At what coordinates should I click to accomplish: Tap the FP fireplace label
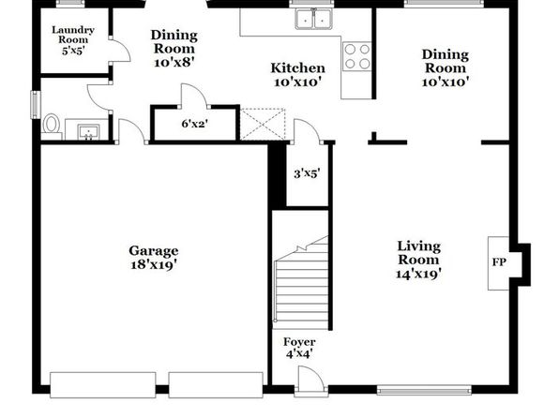coord(499,262)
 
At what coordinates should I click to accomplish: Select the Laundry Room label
coord(73,35)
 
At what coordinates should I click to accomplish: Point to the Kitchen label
coord(297,67)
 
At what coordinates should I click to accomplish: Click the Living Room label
coord(418,253)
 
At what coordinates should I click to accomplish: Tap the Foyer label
coord(299,342)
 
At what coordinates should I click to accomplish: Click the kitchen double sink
coord(313,19)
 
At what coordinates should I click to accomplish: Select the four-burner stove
coord(356,56)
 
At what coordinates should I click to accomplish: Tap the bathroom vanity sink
coord(88,132)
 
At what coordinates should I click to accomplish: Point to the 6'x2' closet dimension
coord(195,124)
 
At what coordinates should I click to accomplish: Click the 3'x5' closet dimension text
coord(307,173)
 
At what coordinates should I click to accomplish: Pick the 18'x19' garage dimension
coord(154,265)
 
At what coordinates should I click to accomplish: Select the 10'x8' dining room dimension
coord(174,62)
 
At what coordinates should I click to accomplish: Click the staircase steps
coord(301,285)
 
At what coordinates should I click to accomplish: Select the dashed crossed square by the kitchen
coord(263,124)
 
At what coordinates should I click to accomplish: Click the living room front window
coord(424,390)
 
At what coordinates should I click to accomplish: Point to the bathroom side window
coord(36,104)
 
